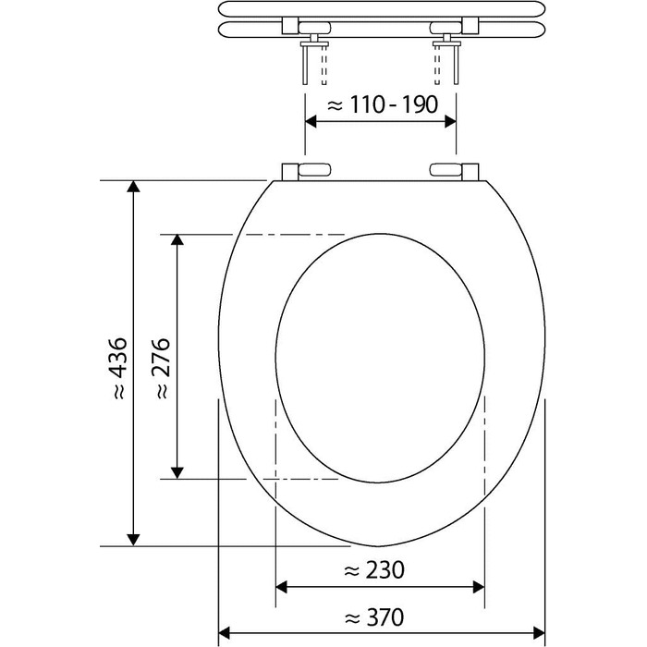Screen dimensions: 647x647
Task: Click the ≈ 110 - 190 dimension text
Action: tap(383, 104)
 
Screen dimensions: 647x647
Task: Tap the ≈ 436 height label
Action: tap(119, 368)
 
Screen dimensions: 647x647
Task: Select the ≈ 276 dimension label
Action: tap(163, 368)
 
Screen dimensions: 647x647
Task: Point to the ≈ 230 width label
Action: tap(373, 570)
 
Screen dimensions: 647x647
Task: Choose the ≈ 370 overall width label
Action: tap(373, 617)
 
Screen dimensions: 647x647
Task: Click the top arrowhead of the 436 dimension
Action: tap(133, 187)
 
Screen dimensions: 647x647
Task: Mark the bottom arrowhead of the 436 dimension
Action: tap(133, 539)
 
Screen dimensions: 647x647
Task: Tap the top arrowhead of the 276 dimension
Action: tap(177, 240)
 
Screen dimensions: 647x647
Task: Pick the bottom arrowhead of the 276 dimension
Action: tap(177, 473)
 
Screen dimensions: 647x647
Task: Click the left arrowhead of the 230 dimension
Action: tap(281, 587)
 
